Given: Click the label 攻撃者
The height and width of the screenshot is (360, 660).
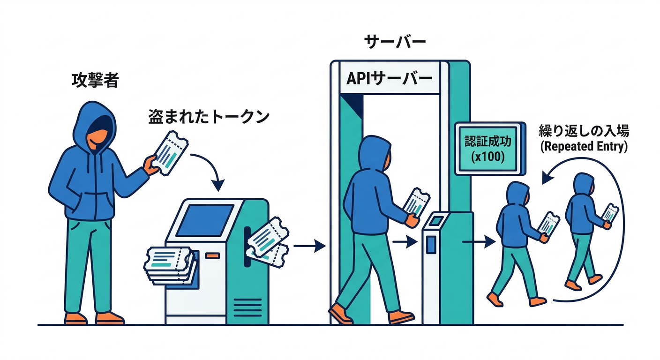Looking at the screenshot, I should click(x=95, y=81).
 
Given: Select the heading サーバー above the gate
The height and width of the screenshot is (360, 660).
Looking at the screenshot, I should click(x=395, y=42).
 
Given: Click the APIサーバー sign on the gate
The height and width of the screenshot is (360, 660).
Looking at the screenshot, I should click(x=389, y=78).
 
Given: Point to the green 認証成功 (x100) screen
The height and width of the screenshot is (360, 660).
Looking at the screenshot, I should click(x=487, y=148).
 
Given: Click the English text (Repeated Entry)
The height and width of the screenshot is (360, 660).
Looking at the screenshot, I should click(x=584, y=146).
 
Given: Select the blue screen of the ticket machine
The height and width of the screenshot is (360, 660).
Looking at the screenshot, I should click(x=204, y=220).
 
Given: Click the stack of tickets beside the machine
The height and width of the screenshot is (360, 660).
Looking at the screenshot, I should click(x=169, y=264).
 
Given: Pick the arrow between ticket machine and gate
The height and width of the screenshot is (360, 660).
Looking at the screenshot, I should click(x=310, y=246).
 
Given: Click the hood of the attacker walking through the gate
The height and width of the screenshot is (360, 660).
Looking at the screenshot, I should click(x=375, y=150).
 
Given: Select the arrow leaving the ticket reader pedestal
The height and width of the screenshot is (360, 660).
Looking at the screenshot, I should click(x=479, y=242).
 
